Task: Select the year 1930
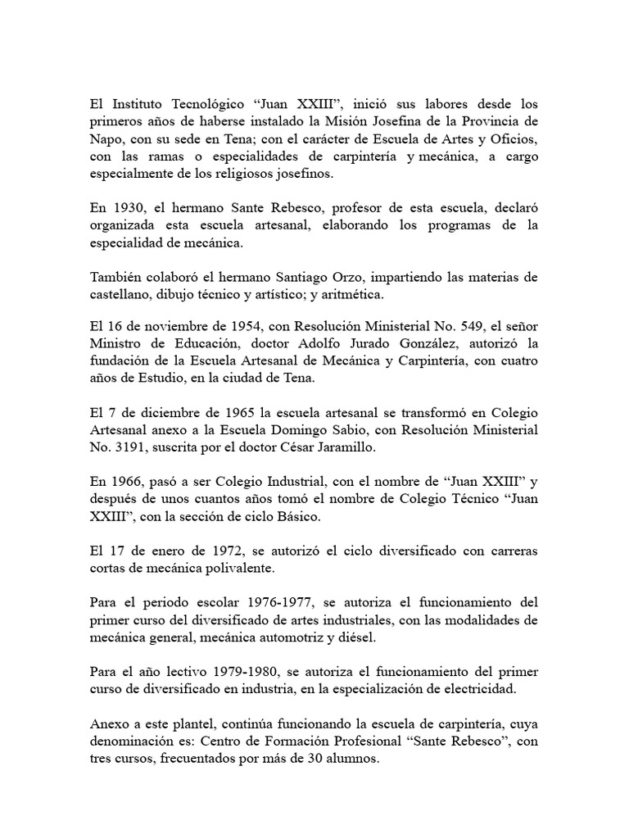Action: coord(124,209)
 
